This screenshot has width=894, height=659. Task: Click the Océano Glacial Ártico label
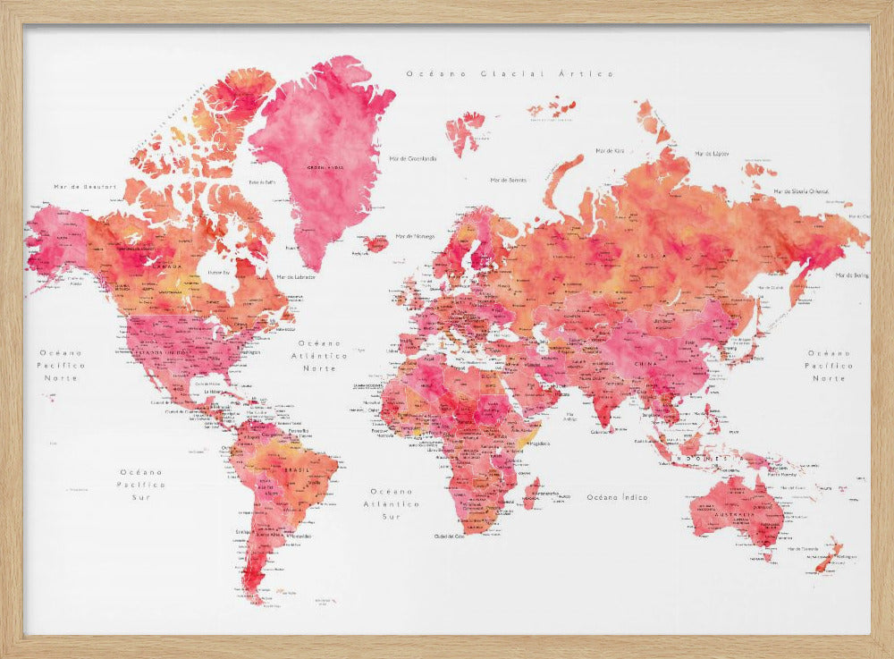(509, 75)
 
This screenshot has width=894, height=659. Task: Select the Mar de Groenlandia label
(413, 158)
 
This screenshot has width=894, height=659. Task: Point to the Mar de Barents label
(508, 180)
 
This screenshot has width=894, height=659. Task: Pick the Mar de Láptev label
(712, 154)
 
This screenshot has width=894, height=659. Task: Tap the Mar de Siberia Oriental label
(801, 190)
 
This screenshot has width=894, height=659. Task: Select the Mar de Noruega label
(414, 236)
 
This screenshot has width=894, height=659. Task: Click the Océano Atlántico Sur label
(393, 503)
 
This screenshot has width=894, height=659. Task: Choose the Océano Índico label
(617, 496)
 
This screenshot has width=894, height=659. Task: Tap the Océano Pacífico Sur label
(143, 484)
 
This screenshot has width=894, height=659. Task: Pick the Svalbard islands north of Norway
(464, 130)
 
